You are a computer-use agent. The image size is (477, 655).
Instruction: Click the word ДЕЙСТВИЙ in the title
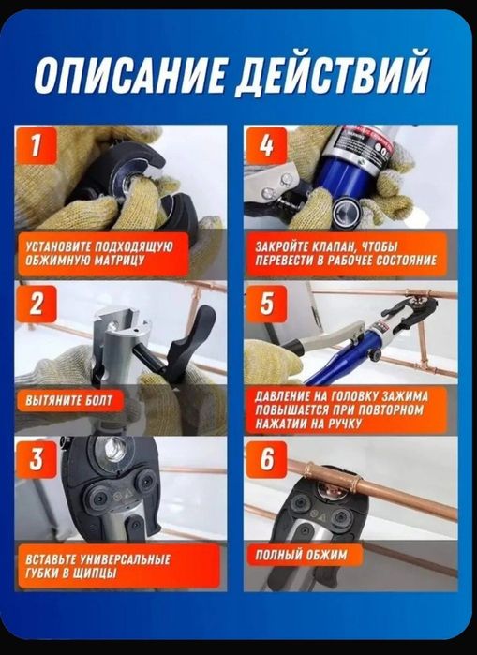click(333, 74)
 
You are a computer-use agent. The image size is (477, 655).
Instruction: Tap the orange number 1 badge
click(37, 146)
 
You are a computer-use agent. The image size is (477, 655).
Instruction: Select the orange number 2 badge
click(37, 304)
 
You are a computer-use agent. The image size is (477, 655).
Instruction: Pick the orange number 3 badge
click(37, 458)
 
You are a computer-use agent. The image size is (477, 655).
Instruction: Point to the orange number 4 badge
click(266, 146)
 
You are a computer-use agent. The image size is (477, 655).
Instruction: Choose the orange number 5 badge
click(266, 304)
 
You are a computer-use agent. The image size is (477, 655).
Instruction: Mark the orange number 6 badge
click(266, 458)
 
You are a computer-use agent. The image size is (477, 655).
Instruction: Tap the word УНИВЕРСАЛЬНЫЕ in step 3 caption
click(125, 559)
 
